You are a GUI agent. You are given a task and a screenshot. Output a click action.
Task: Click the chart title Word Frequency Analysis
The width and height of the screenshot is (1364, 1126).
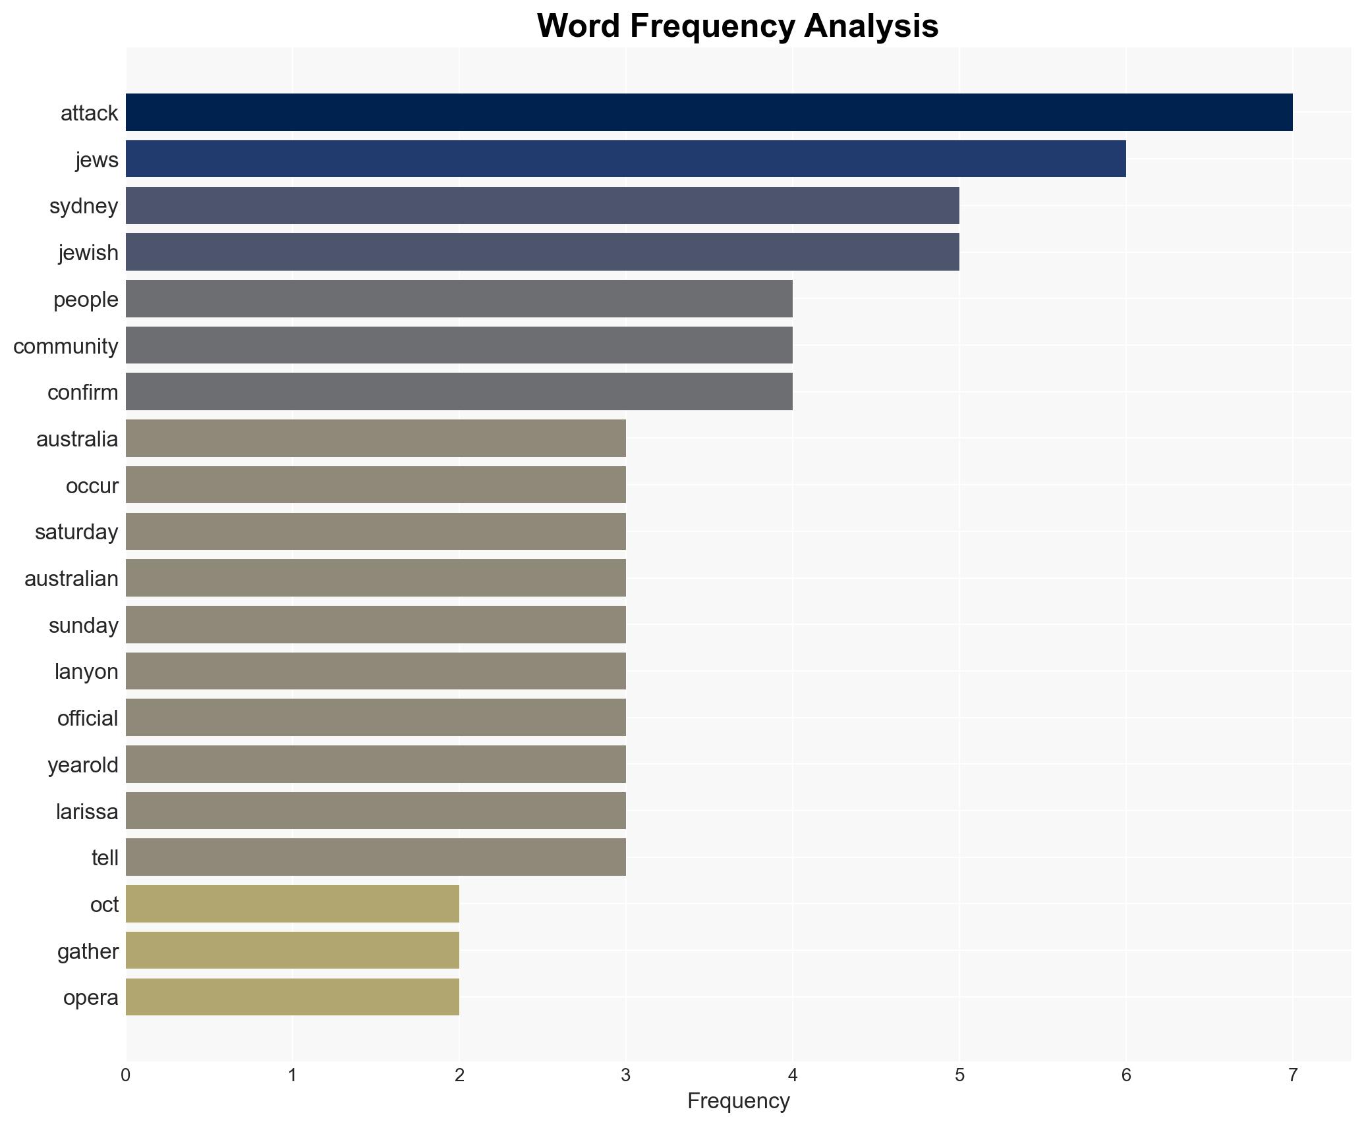[737, 26]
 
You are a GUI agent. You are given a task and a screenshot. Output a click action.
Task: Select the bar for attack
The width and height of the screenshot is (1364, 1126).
[709, 113]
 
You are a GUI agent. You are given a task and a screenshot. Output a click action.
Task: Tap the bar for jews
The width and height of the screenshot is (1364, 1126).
[625, 159]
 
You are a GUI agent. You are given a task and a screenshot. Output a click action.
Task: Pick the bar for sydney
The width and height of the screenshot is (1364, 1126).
[542, 205]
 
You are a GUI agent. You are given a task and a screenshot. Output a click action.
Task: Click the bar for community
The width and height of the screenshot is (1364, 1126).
[459, 345]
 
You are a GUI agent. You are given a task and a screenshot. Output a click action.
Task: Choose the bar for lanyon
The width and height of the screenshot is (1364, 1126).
[376, 671]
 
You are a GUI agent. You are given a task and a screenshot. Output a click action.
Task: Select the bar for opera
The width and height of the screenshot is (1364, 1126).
[293, 997]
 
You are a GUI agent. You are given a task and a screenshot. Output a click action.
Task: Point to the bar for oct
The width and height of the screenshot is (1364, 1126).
[293, 904]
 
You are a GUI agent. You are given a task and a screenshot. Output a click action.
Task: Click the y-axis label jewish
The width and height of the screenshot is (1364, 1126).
[88, 253]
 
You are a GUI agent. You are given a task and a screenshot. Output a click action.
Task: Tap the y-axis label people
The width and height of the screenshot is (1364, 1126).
[86, 300]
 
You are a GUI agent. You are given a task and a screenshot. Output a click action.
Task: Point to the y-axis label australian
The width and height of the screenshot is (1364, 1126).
[71, 579]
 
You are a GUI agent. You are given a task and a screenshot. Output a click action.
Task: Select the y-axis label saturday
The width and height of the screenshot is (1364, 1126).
[76, 532]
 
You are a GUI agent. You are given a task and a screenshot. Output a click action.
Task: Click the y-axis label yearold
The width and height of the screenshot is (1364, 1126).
[83, 765]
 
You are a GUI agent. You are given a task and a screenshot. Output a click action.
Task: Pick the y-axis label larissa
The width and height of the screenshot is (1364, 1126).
[87, 812]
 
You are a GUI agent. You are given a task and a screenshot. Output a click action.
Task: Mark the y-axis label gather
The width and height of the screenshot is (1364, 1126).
[88, 952]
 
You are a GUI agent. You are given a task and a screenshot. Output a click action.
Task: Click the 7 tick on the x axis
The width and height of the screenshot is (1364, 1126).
[1292, 1076]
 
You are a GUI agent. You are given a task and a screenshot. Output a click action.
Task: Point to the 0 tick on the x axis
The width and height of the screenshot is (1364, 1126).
[126, 1076]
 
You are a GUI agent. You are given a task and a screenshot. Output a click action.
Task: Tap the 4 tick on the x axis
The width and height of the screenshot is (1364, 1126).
[792, 1076]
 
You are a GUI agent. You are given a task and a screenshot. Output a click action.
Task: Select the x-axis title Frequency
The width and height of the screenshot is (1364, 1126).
[738, 1102]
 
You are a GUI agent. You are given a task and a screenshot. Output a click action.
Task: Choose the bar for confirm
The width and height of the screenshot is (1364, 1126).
[459, 392]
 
